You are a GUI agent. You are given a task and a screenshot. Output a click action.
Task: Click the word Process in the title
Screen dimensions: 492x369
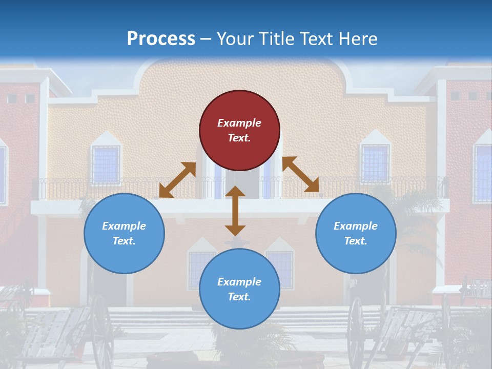(161, 39)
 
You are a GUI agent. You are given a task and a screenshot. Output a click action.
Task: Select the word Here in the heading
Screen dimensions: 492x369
(358, 38)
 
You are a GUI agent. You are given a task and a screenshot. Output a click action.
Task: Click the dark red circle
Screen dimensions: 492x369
(239, 130)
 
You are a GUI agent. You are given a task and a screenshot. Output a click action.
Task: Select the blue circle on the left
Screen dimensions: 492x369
(124, 233)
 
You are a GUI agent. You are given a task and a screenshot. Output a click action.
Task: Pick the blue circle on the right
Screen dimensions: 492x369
(356, 233)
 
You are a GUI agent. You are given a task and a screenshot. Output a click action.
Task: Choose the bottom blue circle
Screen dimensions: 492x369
(239, 289)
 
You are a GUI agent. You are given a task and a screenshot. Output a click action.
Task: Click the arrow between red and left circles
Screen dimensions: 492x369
(178, 180)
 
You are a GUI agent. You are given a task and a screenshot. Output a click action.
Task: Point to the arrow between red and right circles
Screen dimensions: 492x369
(301, 174)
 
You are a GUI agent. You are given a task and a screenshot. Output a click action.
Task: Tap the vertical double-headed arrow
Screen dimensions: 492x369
(235, 211)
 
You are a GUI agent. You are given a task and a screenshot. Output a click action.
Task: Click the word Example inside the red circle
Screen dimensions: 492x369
(239, 122)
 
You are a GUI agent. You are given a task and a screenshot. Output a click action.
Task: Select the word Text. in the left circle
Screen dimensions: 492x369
(124, 241)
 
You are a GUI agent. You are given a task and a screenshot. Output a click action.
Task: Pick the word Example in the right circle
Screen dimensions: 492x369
(356, 225)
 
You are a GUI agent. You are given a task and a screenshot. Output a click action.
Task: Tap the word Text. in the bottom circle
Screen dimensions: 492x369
(239, 297)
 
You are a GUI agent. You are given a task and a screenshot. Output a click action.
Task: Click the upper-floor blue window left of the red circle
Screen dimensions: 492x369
(106, 165)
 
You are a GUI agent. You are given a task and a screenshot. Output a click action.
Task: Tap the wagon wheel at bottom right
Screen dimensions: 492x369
(356, 333)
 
